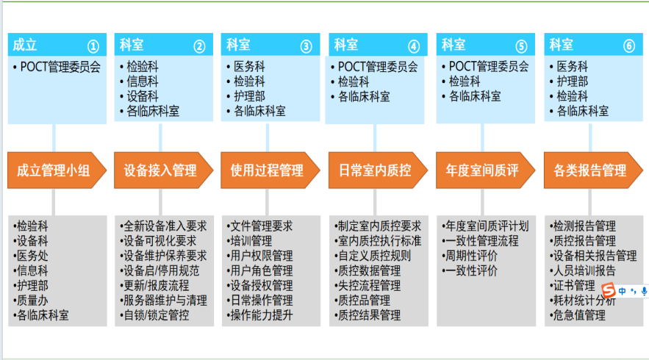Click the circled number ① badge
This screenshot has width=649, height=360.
(93, 46)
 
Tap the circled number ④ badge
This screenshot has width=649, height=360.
(414, 46)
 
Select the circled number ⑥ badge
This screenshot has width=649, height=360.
(628, 46)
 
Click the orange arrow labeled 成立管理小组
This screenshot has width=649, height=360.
(54, 170)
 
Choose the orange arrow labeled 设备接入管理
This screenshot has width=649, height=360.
(161, 170)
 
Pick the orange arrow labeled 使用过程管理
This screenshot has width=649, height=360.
(268, 170)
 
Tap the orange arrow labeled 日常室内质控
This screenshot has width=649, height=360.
(375, 170)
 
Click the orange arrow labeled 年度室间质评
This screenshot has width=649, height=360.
(482, 170)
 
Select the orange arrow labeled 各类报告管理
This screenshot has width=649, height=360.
(590, 170)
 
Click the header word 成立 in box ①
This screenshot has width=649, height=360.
(24, 45)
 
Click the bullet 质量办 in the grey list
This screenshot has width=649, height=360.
(32, 300)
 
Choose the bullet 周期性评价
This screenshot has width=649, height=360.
(470, 256)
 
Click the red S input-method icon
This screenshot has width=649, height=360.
(608, 290)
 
